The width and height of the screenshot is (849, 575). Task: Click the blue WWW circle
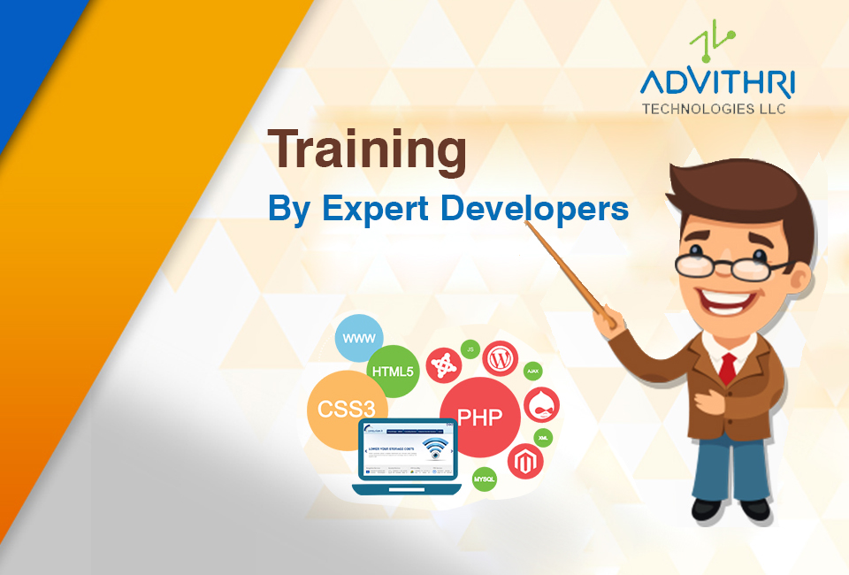pyautogui.click(x=359, y=338)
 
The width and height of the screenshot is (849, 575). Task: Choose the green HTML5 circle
pyautogui.click(x=393, y=371)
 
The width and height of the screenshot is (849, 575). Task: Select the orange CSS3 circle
pyautogui.click(x=340, y=410)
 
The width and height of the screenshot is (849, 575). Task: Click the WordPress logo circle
pyautogui.click(x=501, y=358)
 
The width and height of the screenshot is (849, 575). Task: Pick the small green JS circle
pyautogui.click(x=471, y=350)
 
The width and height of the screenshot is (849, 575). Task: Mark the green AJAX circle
pyautogui.click(x=533, y=371)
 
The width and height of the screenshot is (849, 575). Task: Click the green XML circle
pyautogui.click(x=543, y=437)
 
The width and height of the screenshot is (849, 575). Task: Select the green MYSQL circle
pyautogui.click(x=485, y=479)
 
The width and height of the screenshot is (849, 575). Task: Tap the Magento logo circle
pyautogui.click(x=524, y=461)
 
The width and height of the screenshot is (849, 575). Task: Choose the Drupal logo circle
pyautogui.click(x=541, y=405)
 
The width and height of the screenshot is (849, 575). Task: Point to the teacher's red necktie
pyautogui.click(x=727, y=367)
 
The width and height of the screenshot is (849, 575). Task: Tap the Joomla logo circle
pyautogui.click(x=444, y=364)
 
